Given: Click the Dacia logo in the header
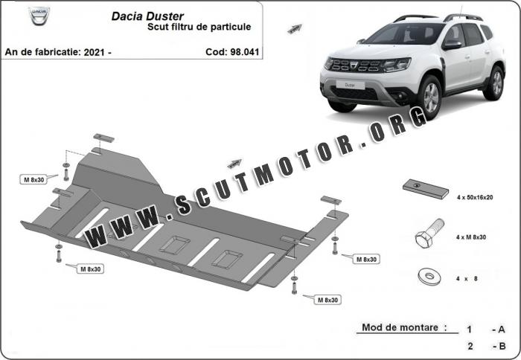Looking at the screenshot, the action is (x=39, y=16).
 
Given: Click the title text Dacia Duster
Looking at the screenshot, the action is (x=147, y=16).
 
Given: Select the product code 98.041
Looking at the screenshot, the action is (x=244, y=52).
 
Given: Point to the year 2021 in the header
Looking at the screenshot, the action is (x=95, y=52).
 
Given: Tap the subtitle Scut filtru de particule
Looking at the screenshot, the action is (x=199, y=27).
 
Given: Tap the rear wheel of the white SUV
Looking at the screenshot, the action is (x=495, y=83).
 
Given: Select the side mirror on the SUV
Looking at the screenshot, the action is (x=451, y=45).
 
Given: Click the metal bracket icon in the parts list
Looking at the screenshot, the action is (x=426, y=189).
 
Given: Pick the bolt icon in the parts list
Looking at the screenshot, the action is (x=429, y=234).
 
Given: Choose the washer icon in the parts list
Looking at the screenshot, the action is (x=429, y=276).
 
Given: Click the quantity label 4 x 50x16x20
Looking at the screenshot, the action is (x=475, y=197).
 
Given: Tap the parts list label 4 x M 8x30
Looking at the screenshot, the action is (x=471, y=237).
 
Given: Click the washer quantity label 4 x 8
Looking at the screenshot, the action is (x=467, y=279).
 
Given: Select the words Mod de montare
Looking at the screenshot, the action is (x=400, y=327).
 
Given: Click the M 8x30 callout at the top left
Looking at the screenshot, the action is (x=34, y=180).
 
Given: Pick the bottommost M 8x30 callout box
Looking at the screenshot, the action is (x=327, y=300).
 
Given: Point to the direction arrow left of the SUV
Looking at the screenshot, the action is (x=295, y=29).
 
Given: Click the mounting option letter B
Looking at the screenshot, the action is (x=502, y=346).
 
